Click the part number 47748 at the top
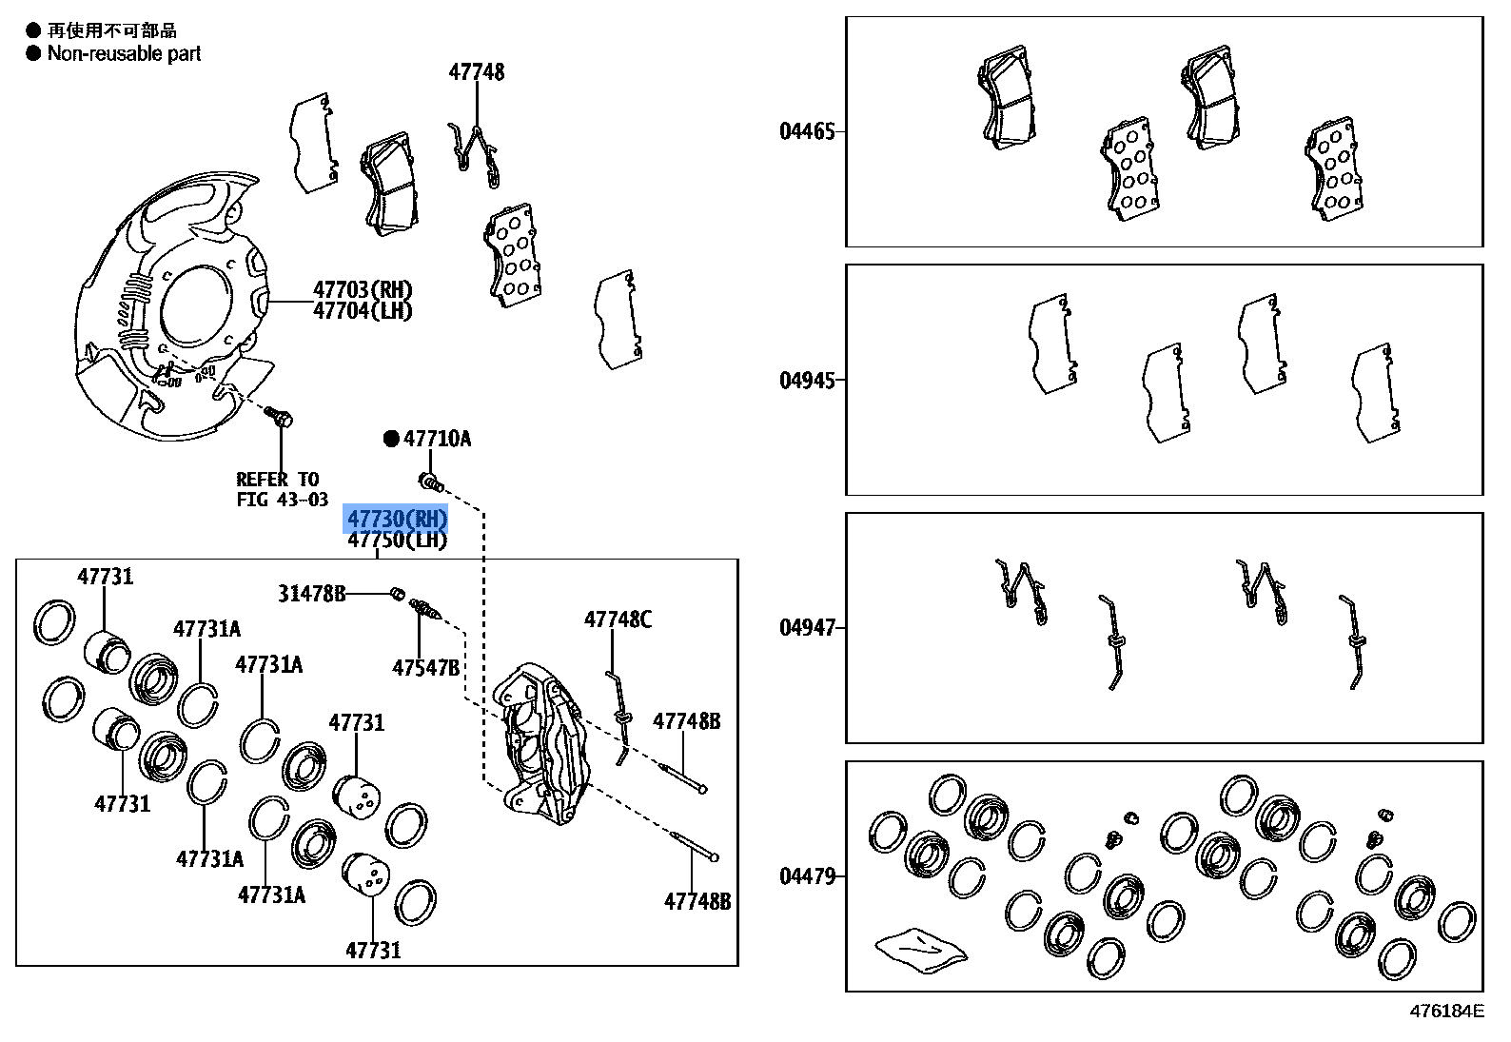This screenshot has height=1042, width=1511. coord(477,72)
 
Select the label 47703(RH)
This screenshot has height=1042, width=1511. coord(363,290)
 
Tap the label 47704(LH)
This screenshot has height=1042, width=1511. coord(363,311)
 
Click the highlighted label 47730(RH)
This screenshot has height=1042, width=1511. coord(396,519)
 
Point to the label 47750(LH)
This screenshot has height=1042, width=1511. coord(397,541)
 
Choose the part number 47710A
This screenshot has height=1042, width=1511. coord(437,439)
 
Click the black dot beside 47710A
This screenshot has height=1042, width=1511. coord(391,439)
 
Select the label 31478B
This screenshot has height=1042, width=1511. coord(311,594)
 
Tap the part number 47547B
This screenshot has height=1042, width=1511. coord(425,667)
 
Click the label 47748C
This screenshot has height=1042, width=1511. coord(618,620)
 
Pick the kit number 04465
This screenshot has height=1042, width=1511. coord(807,131)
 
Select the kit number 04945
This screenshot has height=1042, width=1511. coord(807,381)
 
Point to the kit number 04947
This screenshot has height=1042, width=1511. coord(807,628)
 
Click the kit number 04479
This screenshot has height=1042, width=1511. coord(807,876)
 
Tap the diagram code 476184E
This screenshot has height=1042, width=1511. coord(1445,1011)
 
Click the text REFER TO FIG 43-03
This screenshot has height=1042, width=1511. coord(282,489)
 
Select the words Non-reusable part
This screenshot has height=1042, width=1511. coord(124,54)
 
